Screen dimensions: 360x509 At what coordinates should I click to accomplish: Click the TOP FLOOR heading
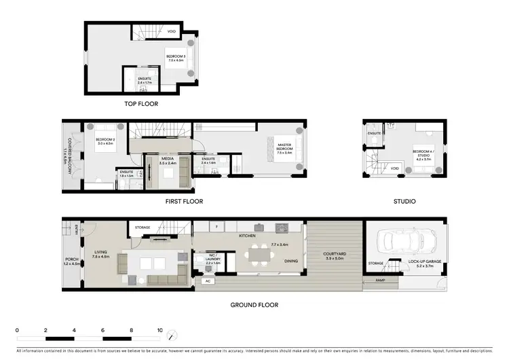140,104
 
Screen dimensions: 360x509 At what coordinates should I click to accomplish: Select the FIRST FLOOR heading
184,201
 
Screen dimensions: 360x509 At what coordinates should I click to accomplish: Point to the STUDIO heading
404,201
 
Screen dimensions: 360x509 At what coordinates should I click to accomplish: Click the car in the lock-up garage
407,241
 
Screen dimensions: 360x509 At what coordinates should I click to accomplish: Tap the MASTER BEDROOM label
284,147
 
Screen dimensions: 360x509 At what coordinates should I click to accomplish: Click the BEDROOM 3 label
176,58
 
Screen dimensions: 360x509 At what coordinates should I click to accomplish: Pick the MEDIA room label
168,161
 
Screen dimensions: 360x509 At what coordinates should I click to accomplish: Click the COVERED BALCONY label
68,153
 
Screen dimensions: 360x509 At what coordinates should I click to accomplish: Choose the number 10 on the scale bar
160,329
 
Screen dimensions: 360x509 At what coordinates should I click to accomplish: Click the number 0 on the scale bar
17,329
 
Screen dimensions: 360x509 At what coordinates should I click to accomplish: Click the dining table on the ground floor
258,256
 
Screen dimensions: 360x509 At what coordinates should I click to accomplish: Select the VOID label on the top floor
172,31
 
